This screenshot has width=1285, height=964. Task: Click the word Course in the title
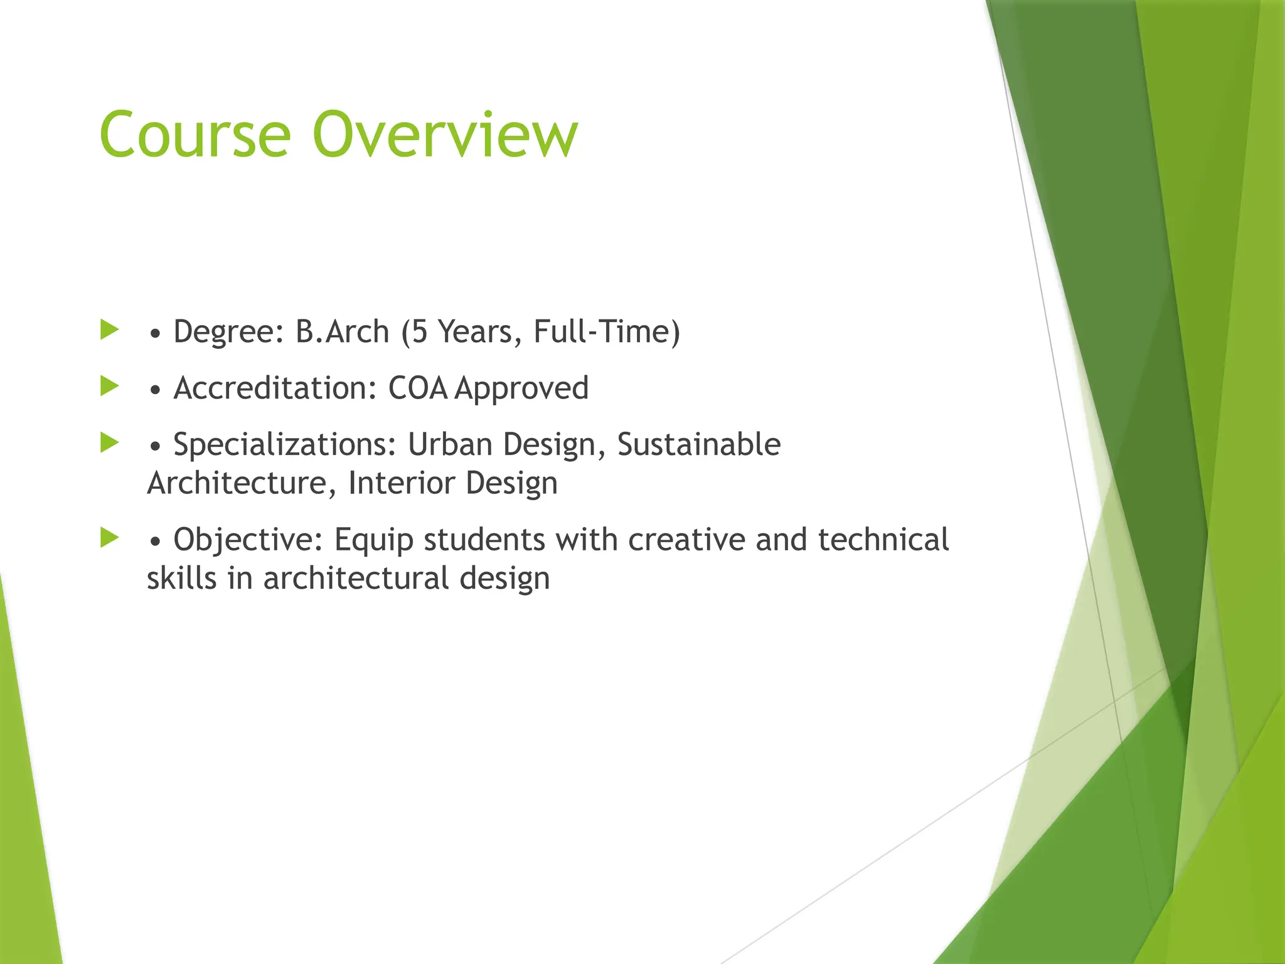[195, 134]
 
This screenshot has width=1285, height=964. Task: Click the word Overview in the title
[445, 134]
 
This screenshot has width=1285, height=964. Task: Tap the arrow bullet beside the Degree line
[110, 329]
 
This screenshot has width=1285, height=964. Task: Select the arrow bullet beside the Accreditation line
[110, 386]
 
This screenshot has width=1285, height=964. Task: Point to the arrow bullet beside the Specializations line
[110, 442]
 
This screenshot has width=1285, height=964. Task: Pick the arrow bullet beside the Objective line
[110, 537]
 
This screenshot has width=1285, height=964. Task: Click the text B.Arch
[342, 331]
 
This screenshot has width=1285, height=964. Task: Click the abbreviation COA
[418, 388]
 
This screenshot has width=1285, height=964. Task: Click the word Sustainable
[699, 444]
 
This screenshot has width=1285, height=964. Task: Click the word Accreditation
[274, 388]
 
